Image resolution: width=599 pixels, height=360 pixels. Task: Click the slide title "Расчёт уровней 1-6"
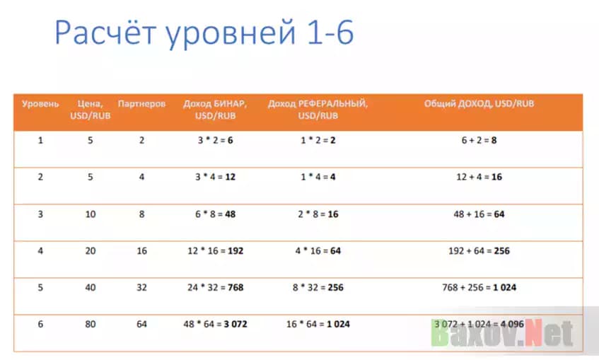pyautogui.click(x=204, y=33)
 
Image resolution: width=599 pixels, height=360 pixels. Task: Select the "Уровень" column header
pyautogui.click(x=40, y=104)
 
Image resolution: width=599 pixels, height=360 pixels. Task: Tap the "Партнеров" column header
pyautogui.click(x=141, y=104)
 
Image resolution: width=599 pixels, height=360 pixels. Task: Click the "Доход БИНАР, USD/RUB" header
pyautogui.click(x=215, y=109)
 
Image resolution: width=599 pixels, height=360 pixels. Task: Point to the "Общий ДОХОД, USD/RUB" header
pyautogui.click(x=479, y=104)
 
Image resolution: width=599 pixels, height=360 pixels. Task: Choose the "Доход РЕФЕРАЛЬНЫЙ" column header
pyautogui.click(x=318, y=109)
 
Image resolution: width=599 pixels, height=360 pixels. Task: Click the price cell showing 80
pyautogui.click(x=90, y=325)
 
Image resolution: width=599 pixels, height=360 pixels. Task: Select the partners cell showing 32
pyautogui.click(x=141, y=288)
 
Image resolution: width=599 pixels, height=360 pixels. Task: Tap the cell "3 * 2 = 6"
pyautogui.click(x=215, y=141)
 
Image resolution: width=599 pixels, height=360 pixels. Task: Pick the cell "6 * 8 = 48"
pyautogui.click(x=215, y=214)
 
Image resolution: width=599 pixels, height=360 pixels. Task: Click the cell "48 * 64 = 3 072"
pyautogui.click(x=215, y=325)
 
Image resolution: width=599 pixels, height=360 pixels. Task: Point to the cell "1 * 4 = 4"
pyautogui.click(x=318, y=177)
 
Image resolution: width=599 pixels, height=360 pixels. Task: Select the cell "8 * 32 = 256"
pyautogui.click(x=318, y=288)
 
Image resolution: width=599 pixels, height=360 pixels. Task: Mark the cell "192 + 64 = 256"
pyautogui.click(x=479, y=251)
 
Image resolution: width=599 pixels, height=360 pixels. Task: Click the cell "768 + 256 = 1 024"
pyautogui.click(x=479, y=288)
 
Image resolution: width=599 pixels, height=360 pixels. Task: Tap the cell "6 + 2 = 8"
pyautogui.click(x=479, y=141)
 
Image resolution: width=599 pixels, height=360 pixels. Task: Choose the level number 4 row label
pyautogui.click(x=40, y=251)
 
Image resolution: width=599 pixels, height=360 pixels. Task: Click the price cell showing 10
pyautogui.click(x=90, y=214)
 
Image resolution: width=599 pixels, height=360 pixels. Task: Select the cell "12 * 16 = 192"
pyautogui.click(x=215, y=251)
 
